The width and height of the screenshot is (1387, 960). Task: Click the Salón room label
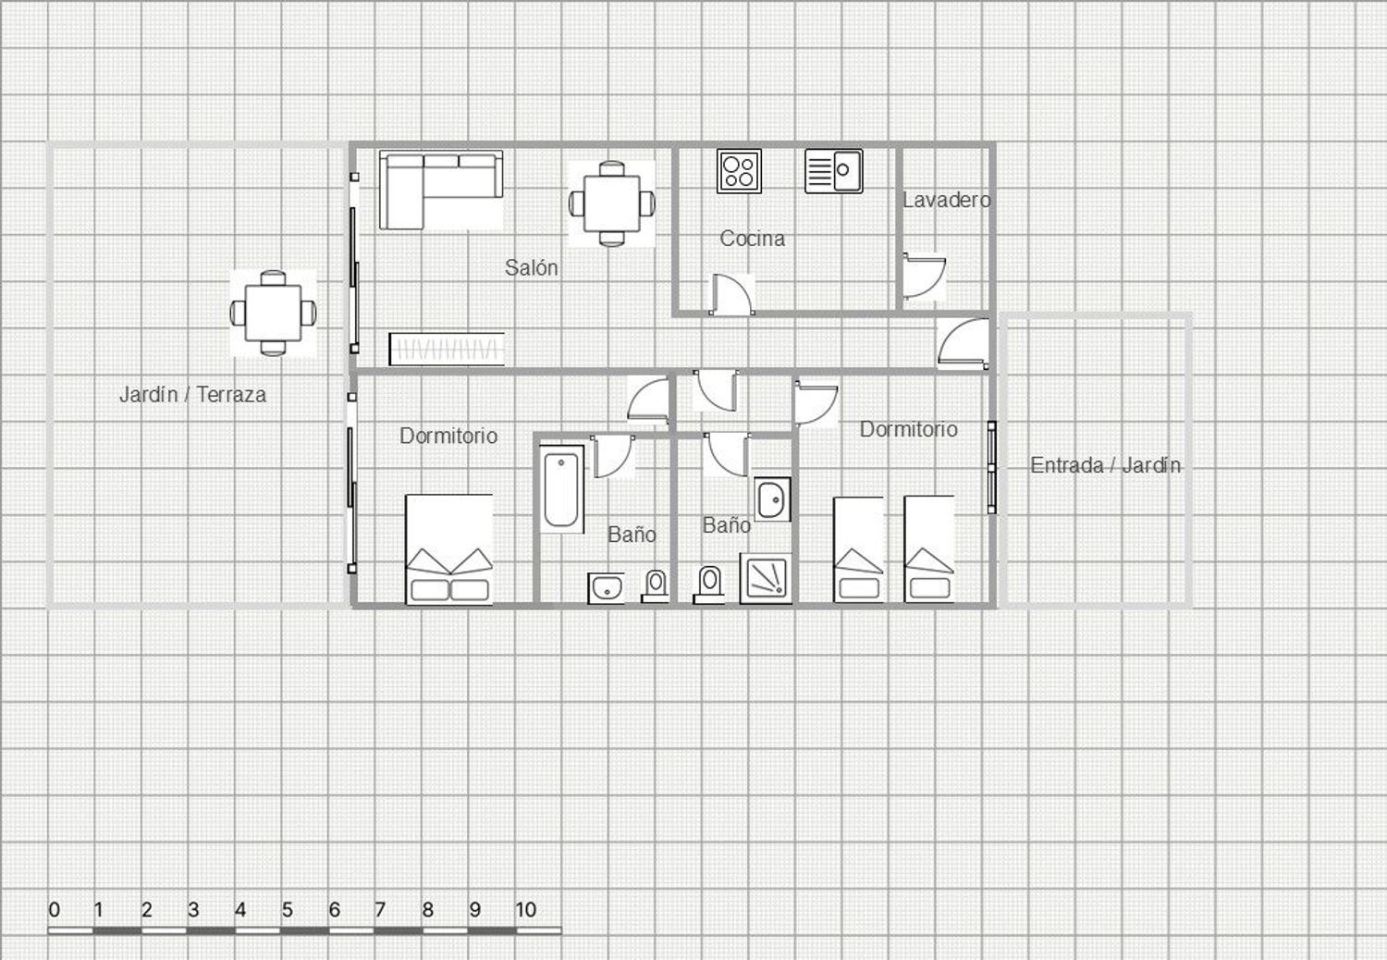(532, 267)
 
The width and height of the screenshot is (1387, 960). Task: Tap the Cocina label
(753, 239)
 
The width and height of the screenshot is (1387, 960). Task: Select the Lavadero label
(946, 200)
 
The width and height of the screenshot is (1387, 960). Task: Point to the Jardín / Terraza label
(192, 395)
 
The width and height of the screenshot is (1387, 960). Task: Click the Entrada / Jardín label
(1105, 465)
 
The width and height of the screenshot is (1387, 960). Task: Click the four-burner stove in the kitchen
(740, 171)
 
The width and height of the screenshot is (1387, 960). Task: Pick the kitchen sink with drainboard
(833, 171)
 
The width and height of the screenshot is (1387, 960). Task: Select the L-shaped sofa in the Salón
(441, 190)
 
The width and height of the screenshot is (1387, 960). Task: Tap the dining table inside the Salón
(612, 203)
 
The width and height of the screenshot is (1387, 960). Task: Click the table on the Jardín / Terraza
(273, 313)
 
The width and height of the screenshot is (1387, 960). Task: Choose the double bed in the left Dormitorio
(448, 549)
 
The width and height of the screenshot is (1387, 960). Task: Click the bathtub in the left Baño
(561, 489)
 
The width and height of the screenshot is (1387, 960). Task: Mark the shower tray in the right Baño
(766, 578)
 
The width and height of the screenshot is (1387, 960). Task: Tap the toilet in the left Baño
(655, 586)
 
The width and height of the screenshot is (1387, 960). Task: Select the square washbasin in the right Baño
(772, 499)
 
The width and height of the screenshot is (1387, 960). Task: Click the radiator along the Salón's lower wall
(447, 350)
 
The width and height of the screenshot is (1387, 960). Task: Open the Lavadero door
(924, 277)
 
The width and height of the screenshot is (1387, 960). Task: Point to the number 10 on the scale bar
(526, 910)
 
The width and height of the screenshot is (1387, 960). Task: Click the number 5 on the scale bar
(288, 910)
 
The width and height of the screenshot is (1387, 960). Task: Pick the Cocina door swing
(732, 295)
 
